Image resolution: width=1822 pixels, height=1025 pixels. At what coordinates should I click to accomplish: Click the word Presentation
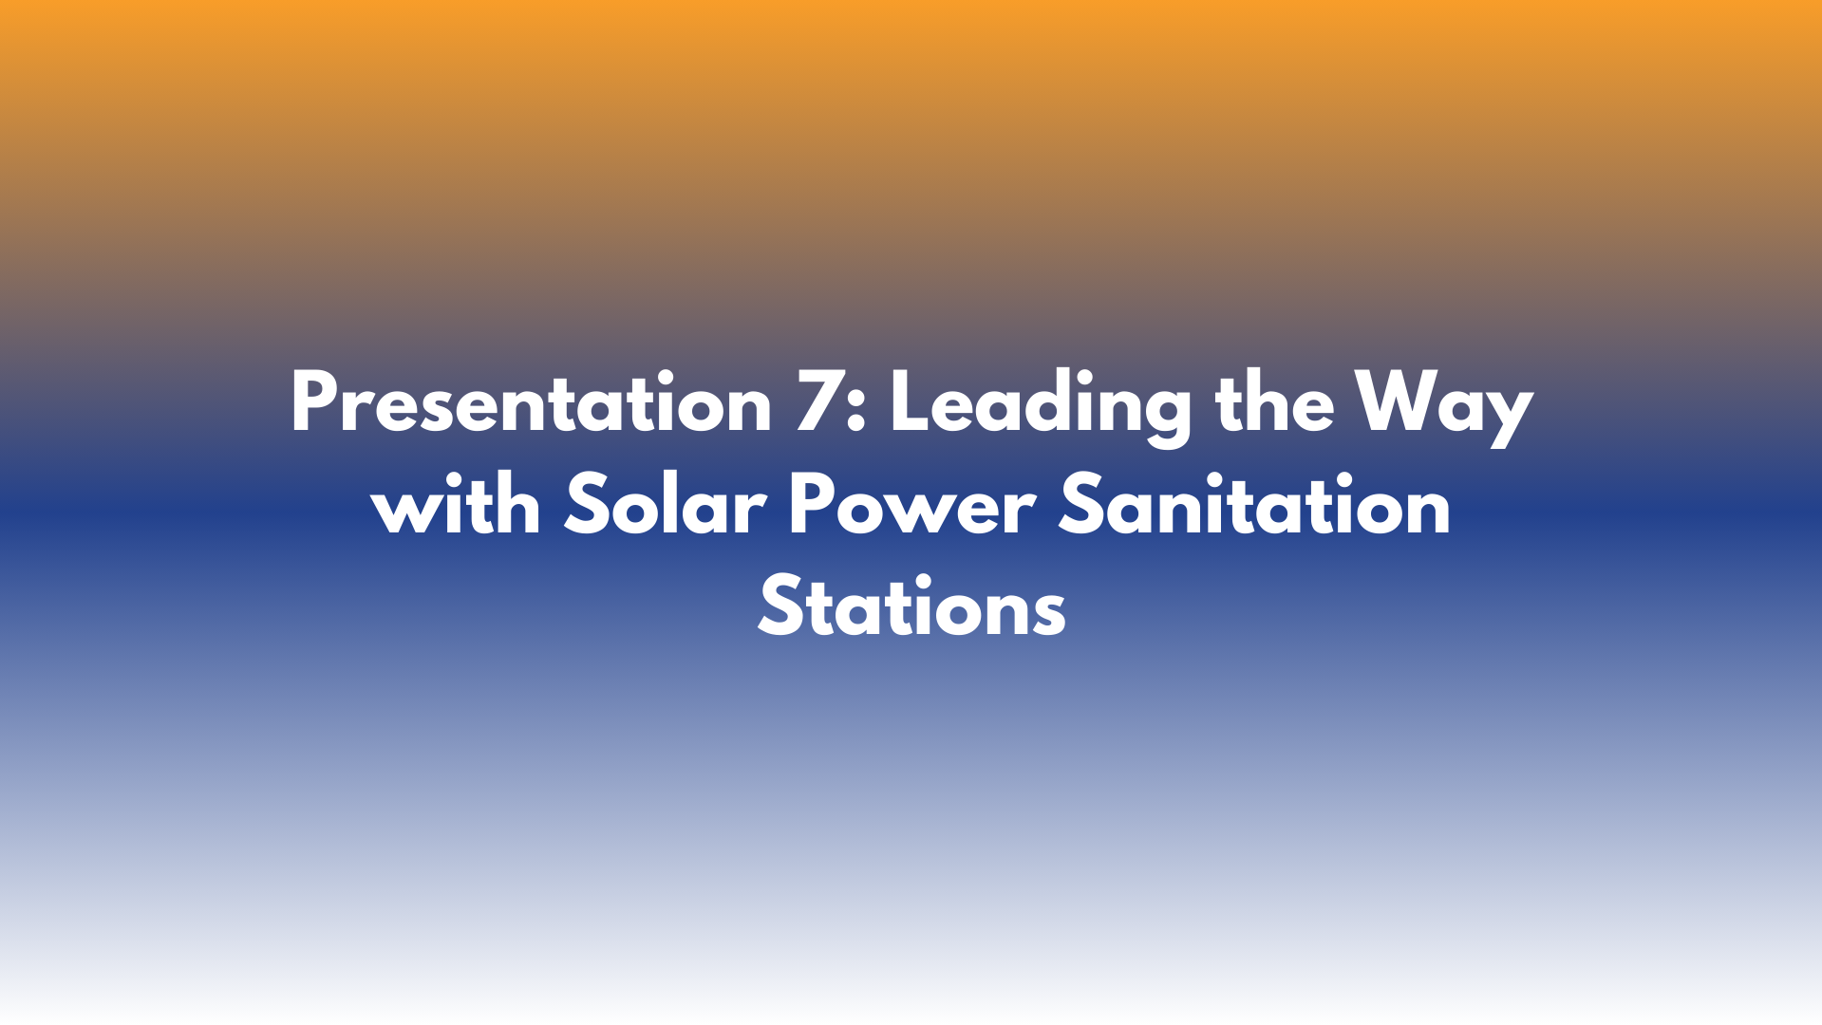click(531, 404)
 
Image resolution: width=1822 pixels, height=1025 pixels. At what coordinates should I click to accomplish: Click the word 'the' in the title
click(1274, 404)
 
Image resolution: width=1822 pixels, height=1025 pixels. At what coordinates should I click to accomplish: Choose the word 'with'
click(456, 507)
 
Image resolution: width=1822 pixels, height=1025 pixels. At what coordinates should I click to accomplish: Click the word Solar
click(665, 507)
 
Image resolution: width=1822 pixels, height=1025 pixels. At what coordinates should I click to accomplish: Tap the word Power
click(911, 507)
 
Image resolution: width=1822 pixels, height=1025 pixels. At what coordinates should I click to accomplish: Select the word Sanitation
click(1254, 507)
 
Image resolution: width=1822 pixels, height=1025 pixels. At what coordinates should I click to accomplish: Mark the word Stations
click(911, 608)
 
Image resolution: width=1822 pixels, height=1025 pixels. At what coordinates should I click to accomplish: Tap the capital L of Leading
click(909, 404)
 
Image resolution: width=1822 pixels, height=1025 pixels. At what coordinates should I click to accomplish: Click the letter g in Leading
click(1167, 412)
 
